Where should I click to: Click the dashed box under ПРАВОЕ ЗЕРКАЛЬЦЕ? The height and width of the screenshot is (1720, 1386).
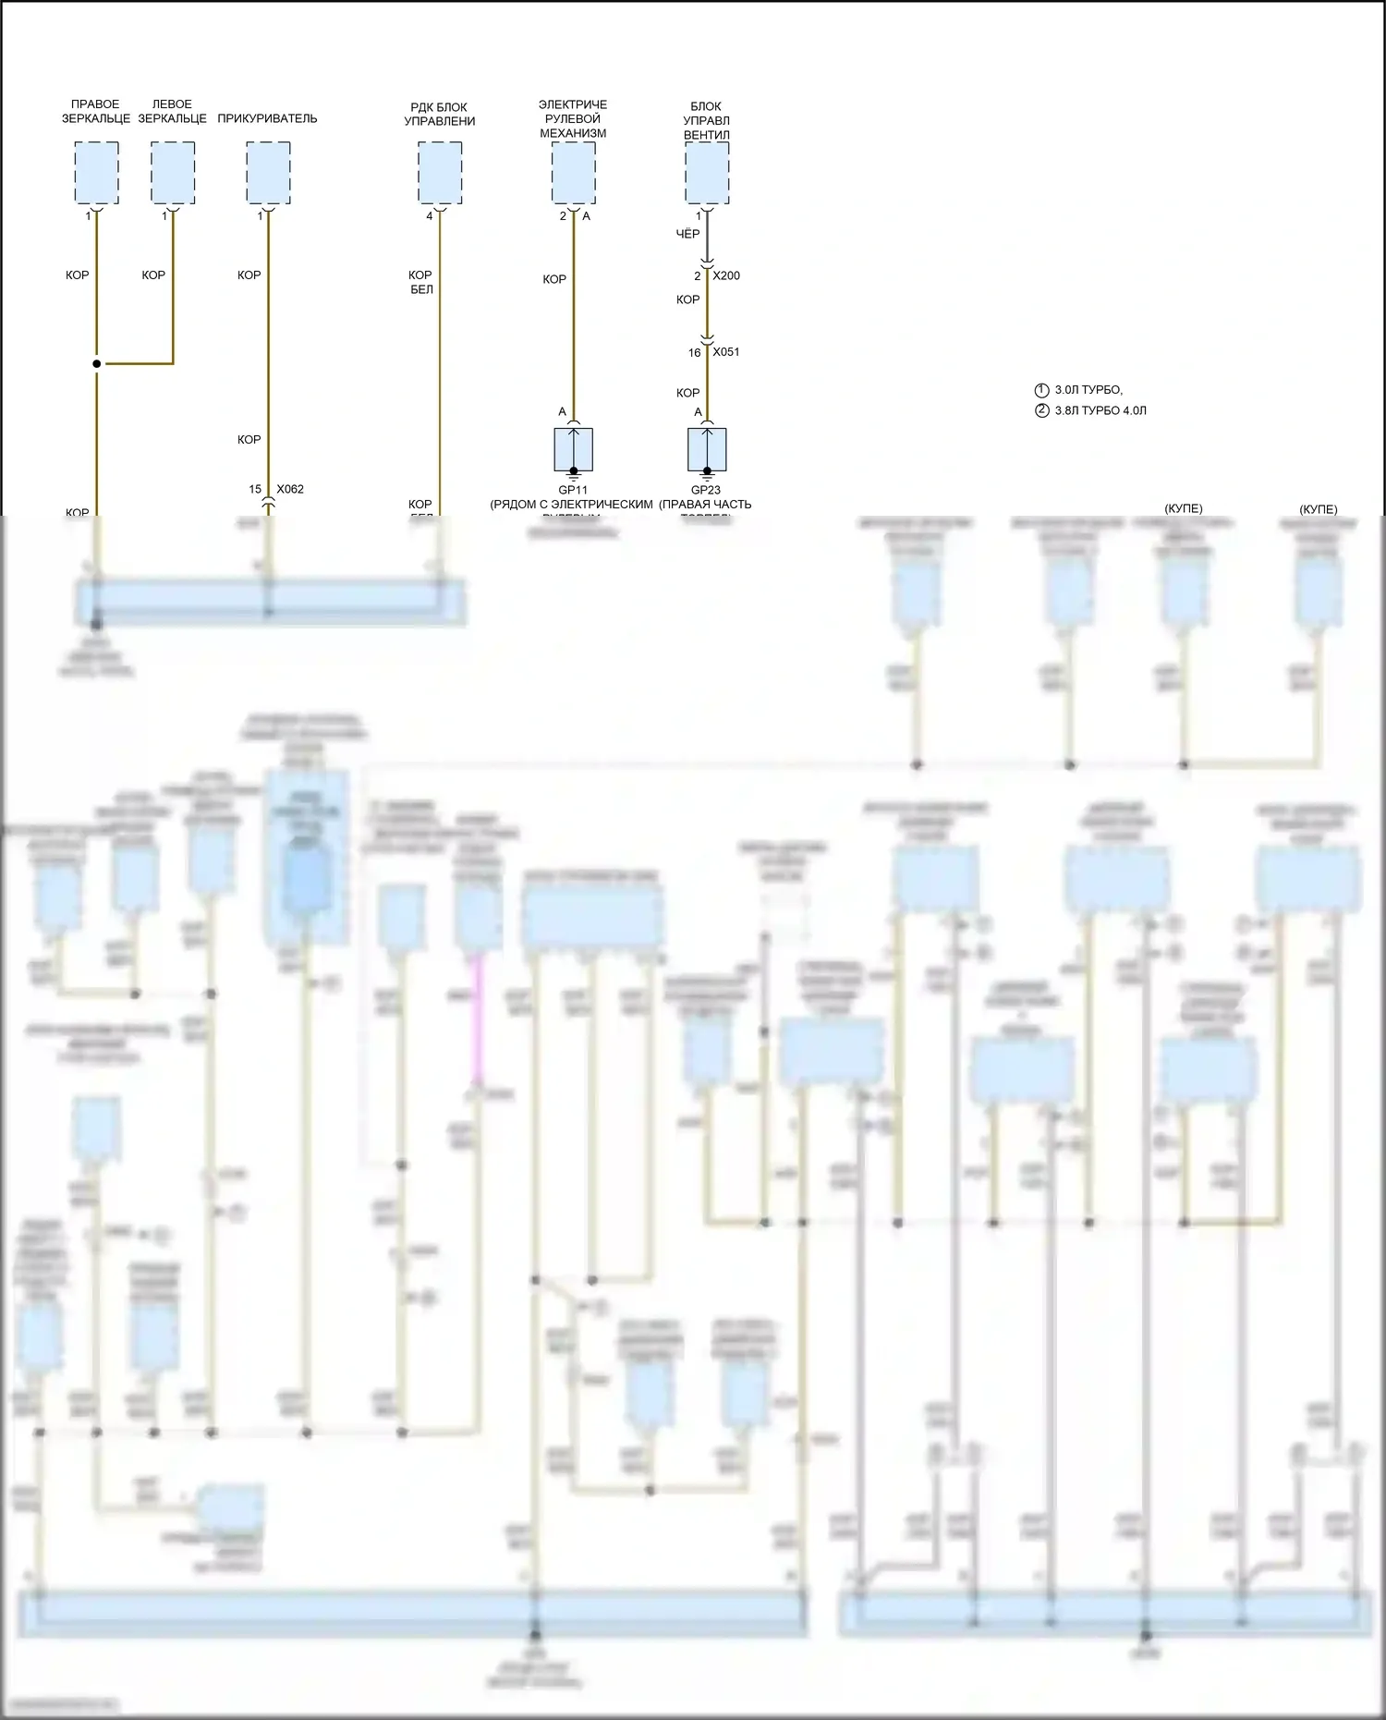[96, 173]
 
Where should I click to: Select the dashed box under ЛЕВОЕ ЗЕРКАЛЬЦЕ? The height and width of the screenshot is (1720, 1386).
[173, 173]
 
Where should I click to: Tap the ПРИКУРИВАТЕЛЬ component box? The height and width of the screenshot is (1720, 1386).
[268, 173]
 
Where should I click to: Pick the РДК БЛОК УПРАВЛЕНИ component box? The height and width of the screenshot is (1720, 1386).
[440, 173]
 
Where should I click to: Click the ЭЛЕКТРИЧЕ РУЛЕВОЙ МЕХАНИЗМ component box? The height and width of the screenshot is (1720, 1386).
[573, 173]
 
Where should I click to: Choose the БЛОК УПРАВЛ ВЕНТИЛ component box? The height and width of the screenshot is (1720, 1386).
[707, 173]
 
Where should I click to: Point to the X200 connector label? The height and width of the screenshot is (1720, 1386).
[726, 275]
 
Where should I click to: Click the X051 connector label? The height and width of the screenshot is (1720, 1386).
[726, 352]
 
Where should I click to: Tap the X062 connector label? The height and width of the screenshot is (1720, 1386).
[290, 489]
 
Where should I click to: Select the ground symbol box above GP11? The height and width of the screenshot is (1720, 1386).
[573, 450]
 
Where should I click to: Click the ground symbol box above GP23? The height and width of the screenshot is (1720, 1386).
[707, 450]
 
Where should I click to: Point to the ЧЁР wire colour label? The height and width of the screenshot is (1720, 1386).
[687, 234]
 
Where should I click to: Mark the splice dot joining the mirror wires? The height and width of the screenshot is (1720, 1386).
[96, 364]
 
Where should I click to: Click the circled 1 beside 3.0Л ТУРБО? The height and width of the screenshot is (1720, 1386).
[1042, 390]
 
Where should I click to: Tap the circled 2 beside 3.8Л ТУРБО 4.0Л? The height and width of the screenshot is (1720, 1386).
[1042, 410]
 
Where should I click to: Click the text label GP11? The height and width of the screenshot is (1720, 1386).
[573, 490]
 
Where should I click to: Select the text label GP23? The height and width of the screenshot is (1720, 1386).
[706, 490]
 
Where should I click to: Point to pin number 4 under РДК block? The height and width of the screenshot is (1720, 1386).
[430, 216]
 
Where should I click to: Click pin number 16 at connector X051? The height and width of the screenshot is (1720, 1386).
[694, 353]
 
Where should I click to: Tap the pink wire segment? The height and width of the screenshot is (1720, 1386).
[478, 1017]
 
